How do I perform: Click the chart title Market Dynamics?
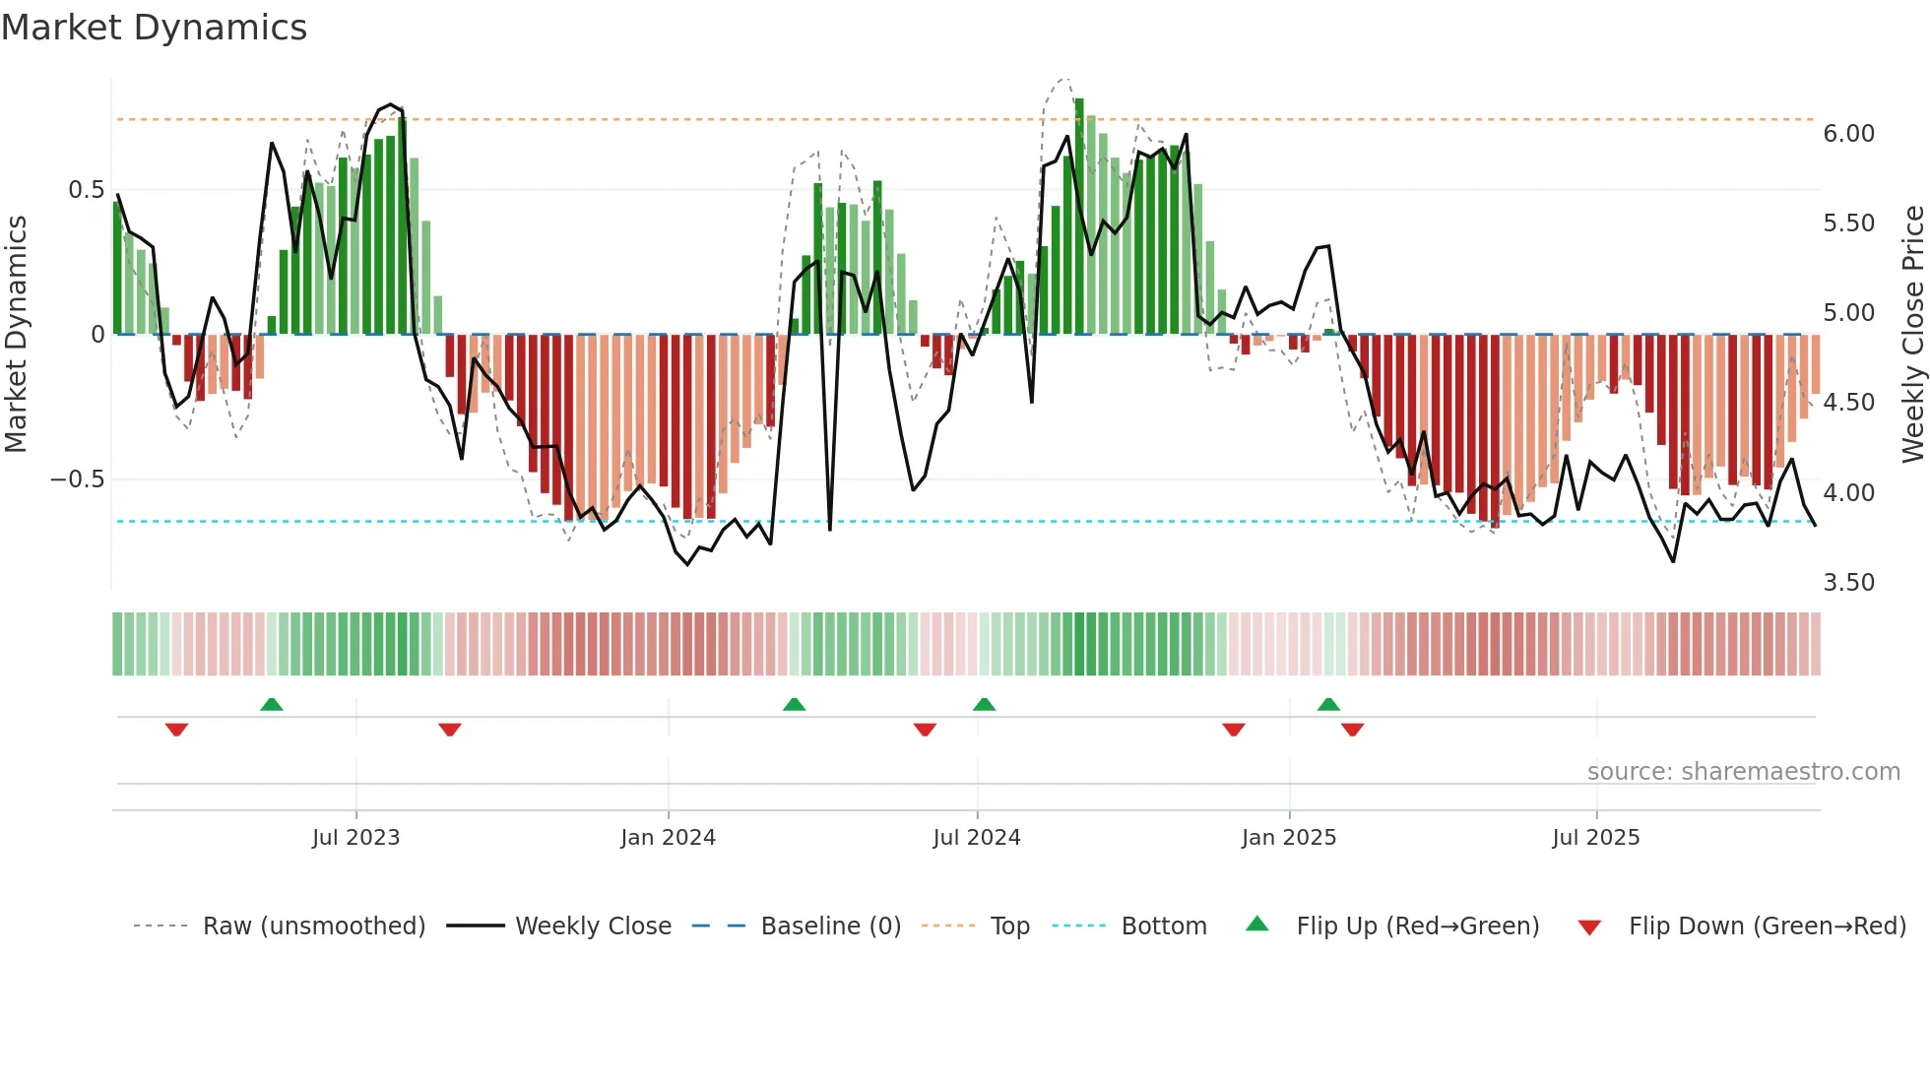(x=154, y=28)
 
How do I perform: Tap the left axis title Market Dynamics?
(x=16, y=334)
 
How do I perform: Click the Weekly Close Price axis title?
(x=1912, y=334)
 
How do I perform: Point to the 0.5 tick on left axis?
(x=86, y=189)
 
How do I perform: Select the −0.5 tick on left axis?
(x=78, y=479)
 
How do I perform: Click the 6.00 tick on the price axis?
(x=1848, y=134)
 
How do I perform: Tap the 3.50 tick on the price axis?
(x=1848, y=583)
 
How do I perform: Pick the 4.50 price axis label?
(x=1848, y=403)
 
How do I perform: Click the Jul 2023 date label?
(x=355, y=838)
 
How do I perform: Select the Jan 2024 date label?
(x=668, y=838)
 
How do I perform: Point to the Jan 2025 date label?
(x=1288, y=838)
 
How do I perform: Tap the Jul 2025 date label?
(x=1595, y=838)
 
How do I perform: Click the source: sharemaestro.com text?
(x=1743, y=772)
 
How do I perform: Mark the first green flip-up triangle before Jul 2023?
(x=272, y=704)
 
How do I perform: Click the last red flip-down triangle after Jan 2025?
(x=1352, y=730)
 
